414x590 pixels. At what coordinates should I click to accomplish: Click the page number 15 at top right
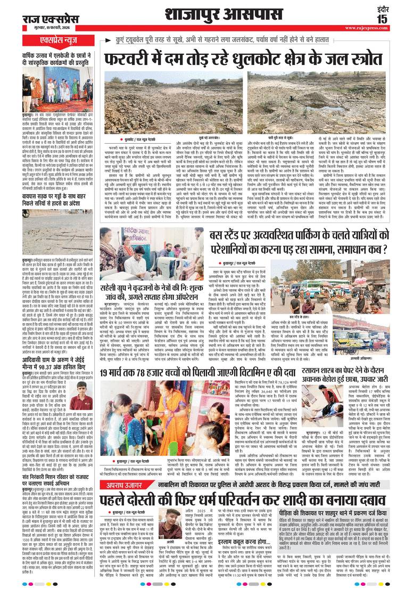point(400,18)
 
